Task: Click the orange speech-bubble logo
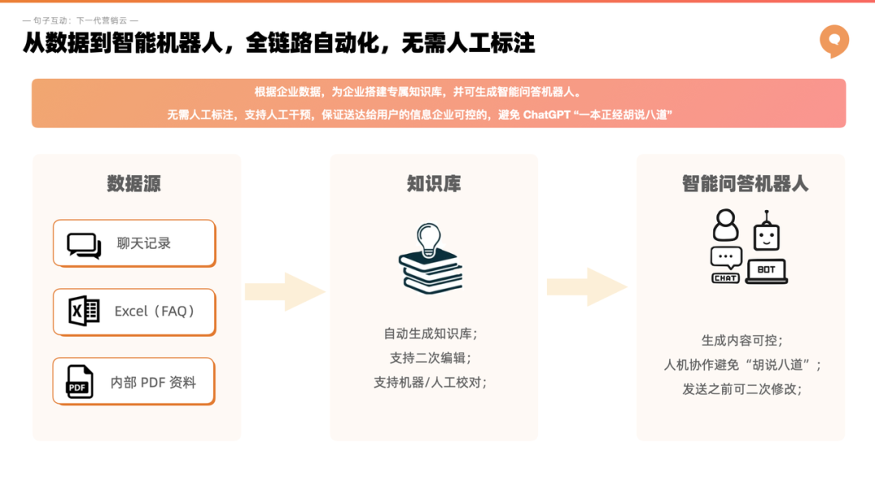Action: click(x=834, y=41)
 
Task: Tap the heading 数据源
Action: click(x=134, y=183)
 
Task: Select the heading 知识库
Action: click(x=433, y=183)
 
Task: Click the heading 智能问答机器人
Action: click(x=745, y=183)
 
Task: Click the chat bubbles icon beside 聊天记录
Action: click(x=84, y=244)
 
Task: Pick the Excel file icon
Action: click(x=83, y=311)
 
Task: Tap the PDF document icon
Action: click(x=79, y=382)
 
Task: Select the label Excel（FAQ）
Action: click(x=155, y=311)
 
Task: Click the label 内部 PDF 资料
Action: click(x=153, y=382)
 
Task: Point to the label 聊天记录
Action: click(x=143, y=243)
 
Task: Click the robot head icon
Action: click(x=766, y=233)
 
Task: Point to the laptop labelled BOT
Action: click(x=766, y=271)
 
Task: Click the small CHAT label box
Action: click(x=725, y=277)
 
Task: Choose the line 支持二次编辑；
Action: click(x=430, y=357)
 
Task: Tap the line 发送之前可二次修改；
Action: click(x=741, y=389)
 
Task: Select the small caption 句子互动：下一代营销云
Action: click(x=80, y=20)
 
